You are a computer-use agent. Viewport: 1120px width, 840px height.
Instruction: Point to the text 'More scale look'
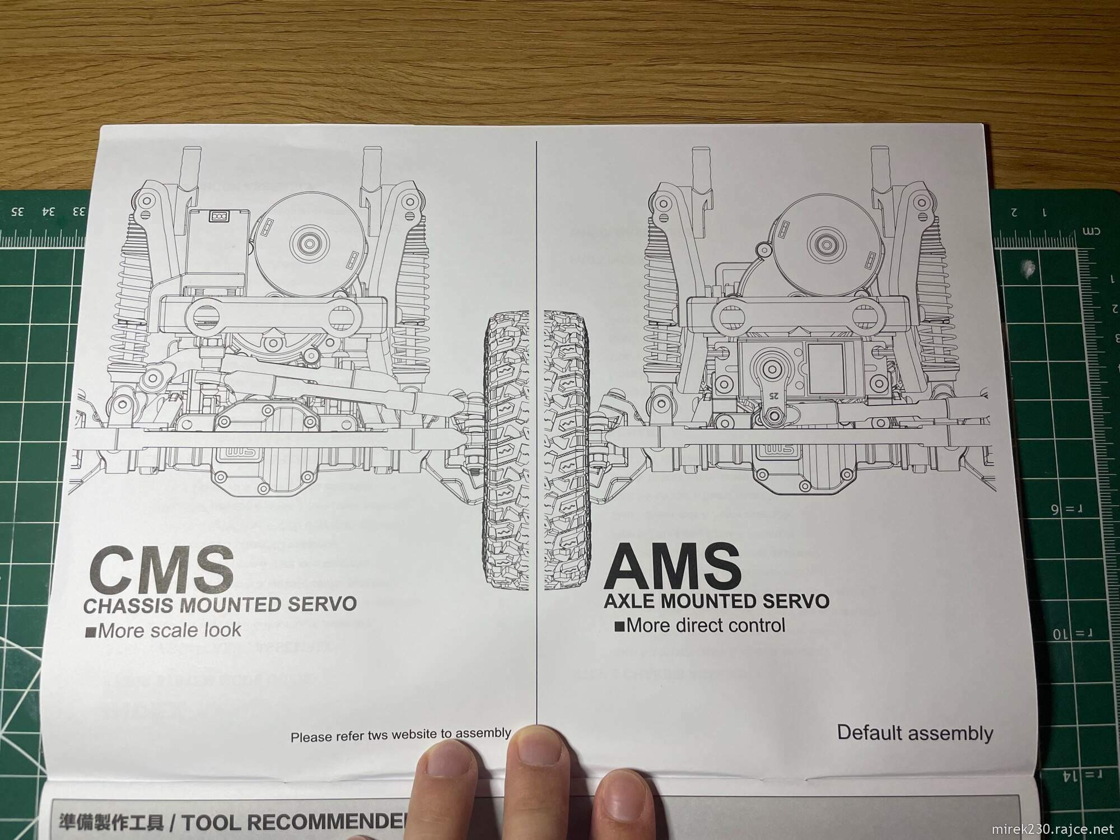[x=169, y=631]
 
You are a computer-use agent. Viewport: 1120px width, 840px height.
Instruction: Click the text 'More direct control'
[x=706, y=624]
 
